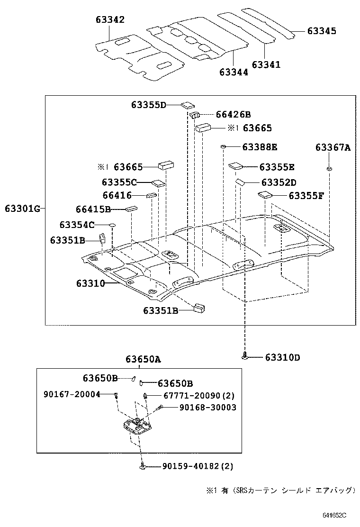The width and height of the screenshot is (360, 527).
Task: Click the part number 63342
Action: click(109, 19)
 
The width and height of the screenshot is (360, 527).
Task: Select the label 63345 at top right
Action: click(322, 31)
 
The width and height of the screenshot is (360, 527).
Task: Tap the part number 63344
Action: click(234, 72)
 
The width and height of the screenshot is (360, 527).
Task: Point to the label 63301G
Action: click(23, 208)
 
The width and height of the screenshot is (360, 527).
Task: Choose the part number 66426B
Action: click(233, 114)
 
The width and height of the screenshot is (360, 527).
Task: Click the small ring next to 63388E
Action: click(223, 147)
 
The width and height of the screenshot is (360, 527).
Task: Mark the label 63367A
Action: click(333, 147)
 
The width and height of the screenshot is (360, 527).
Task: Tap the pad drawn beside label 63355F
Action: click(264, 194)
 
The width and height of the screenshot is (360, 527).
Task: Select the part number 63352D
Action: click(279, 182)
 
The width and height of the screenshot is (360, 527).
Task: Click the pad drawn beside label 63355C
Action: click(157, 182)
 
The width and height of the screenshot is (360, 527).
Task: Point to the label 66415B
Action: click(93, 209)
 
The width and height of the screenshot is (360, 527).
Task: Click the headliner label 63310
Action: click(90, 283)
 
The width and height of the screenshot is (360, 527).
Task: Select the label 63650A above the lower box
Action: click(143, 359)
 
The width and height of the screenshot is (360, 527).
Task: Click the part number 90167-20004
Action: click(71, 394)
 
